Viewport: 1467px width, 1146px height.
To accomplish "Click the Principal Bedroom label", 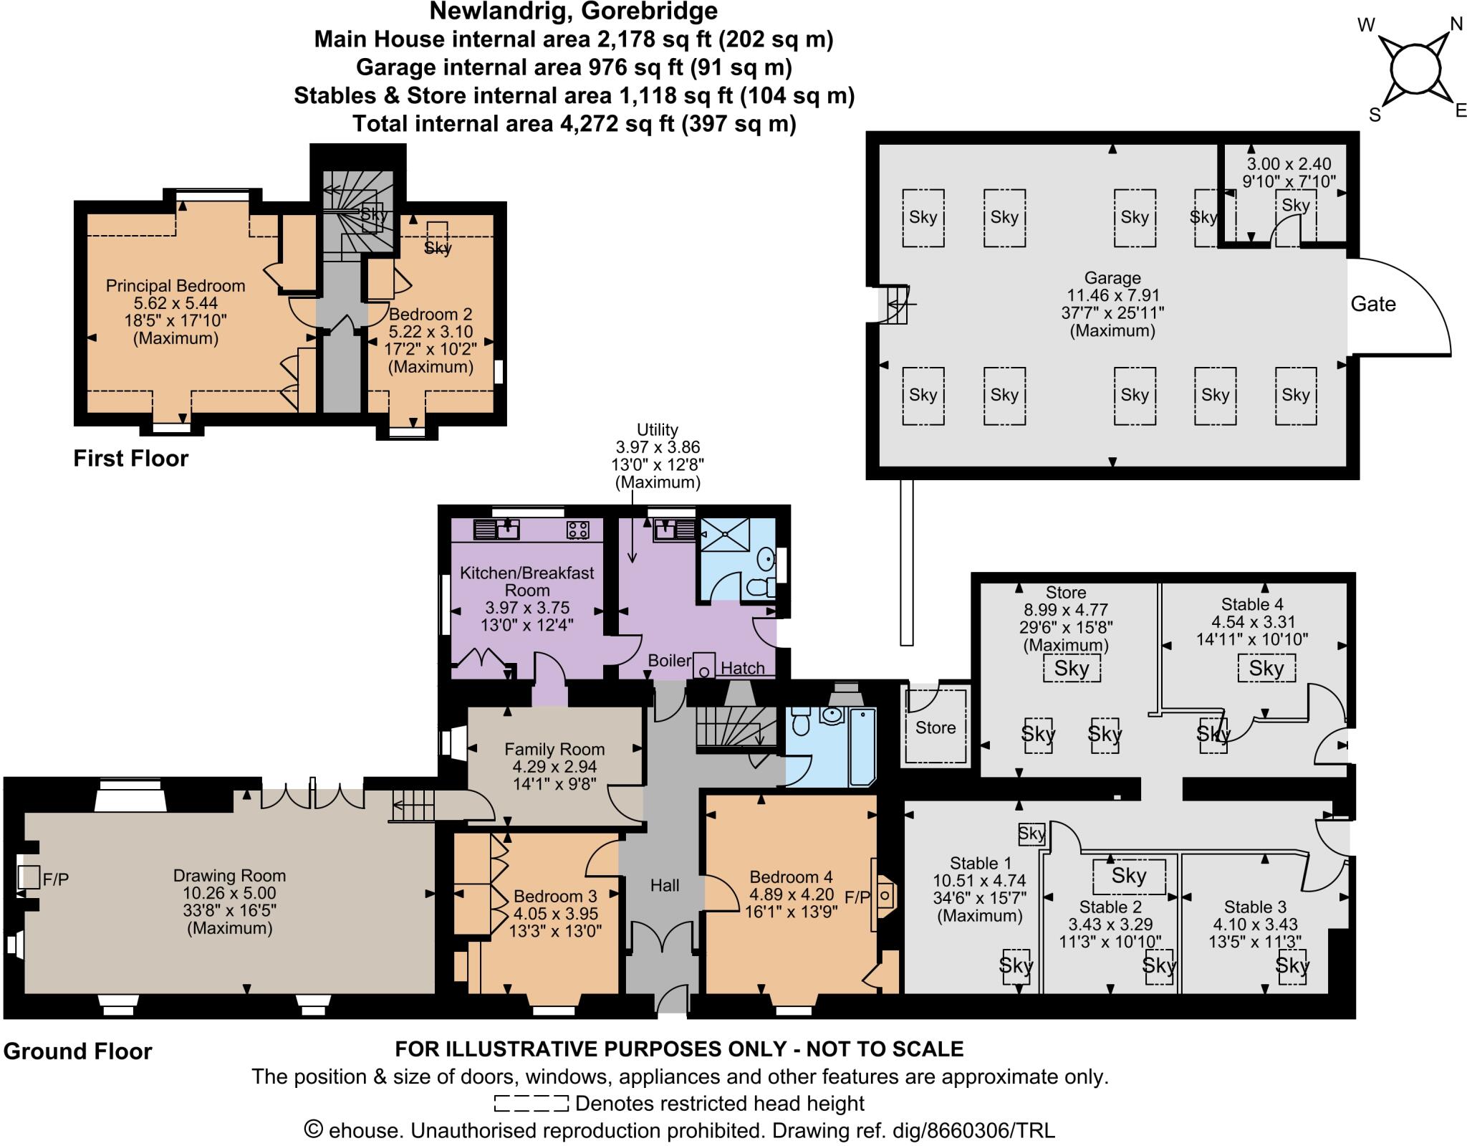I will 175,285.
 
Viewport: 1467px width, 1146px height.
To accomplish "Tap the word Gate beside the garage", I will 1372,304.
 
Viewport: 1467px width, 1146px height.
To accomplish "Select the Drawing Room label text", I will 229,875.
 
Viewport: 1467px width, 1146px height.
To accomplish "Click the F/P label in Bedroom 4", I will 857,897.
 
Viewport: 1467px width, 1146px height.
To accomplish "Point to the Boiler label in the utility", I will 669,660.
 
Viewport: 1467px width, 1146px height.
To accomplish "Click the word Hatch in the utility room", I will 742,668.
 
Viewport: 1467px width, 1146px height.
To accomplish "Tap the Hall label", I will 664,885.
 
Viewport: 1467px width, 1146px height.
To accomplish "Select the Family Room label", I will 554,749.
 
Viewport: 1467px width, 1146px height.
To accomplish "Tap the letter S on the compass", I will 1375,115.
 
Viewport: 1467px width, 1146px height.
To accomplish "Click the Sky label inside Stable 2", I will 1129,875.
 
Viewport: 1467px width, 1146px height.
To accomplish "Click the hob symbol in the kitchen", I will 577,530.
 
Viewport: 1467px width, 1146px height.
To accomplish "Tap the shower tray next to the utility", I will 724,535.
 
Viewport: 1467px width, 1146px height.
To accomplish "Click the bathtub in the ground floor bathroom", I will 862,747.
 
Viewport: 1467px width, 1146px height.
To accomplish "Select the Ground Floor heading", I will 77,1051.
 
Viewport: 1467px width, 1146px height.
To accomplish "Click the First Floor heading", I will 130,458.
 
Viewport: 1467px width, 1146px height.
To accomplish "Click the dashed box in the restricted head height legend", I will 531,1103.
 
